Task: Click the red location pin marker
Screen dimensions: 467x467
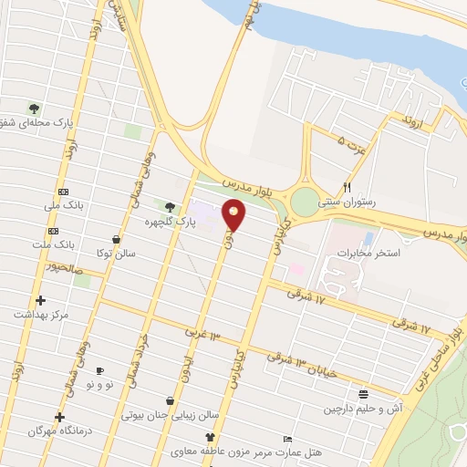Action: click(x=234, y=214)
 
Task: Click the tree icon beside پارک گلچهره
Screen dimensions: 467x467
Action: click(x=170, y=207)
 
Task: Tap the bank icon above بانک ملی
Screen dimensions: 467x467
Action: click(x=63, y=192)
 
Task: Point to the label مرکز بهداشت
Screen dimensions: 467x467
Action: click(x=40, y=315)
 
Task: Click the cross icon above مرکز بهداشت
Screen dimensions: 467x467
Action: click(x=39, y=300)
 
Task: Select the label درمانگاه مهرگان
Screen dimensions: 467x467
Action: click(x=49, y=431)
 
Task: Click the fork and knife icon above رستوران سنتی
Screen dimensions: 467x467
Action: click(x=346, y=186)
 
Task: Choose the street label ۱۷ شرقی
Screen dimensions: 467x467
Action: click(x=306, y=294)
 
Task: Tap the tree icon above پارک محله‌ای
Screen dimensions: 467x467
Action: click(x=35, y=108)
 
